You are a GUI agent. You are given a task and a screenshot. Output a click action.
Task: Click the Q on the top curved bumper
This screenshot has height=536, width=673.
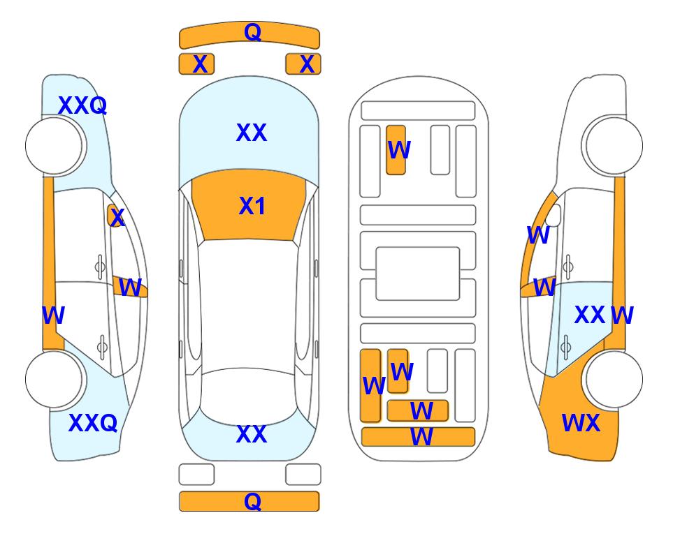(x=252, y=32)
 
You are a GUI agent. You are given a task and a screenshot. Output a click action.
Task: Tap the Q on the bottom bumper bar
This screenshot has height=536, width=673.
(x=252, y=501)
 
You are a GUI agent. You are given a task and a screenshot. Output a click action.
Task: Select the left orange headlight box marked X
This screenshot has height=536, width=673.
(x=196, y=64)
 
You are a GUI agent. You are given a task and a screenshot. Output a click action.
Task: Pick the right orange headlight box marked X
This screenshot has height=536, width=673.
(x=303, y=64)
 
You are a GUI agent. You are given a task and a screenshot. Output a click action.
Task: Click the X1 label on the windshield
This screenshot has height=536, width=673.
(x=252, y=206)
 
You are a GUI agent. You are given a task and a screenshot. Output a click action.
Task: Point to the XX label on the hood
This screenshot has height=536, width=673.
(x=252, y=133)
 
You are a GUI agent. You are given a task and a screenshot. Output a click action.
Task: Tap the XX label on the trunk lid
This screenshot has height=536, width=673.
(x=252, y=434)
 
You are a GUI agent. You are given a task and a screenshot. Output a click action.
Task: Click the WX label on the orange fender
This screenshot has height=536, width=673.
(x=581, y=423)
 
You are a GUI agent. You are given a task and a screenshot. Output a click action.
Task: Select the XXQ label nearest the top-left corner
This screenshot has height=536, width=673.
(x=82, y=105)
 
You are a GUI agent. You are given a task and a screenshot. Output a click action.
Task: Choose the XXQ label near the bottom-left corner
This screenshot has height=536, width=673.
(x=93, y=423)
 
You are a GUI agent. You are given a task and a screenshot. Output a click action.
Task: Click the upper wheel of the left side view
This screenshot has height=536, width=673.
(x=54, y=146)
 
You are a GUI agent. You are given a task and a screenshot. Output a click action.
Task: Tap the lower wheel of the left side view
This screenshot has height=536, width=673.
(x=54, y=379)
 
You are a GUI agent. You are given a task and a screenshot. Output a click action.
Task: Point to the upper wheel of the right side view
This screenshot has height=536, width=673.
(x=614, y=146)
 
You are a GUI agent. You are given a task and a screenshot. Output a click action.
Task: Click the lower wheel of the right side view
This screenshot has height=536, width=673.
(x=614, y=379)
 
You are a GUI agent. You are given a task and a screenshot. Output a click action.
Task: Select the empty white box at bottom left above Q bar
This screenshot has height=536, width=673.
(x=196, y=475)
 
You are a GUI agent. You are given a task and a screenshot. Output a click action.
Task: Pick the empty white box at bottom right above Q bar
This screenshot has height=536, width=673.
(x=303, y=475)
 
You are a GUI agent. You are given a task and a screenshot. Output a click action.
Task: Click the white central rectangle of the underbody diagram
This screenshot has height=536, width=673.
(x=418, y=274)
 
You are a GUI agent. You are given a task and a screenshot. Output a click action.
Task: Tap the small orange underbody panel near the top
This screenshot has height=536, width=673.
(x=396, y=150)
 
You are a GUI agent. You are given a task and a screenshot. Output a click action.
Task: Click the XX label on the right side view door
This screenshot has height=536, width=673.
(x=590, y=315)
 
